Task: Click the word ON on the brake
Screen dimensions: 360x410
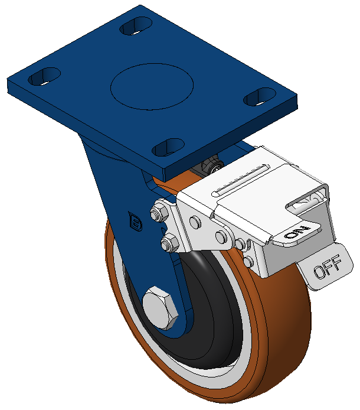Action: tap(297, 232)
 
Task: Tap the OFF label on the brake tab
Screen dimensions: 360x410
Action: tap(328, 266)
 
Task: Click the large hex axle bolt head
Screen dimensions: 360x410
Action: tap(161, 308)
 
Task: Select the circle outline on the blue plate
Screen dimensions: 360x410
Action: tap(152, 87)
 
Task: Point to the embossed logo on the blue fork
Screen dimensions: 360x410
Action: tap(135, 222)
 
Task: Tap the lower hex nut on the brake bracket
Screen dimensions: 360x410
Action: tap(169, 243)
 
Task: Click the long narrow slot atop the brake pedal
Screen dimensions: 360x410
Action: tap(240, 180)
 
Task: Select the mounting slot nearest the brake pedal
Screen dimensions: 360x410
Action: tap(260, 96)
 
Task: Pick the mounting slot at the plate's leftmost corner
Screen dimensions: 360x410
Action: tap(44, 76)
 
